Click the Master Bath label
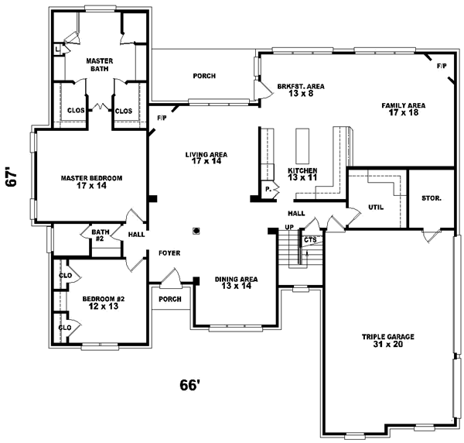(100, 64)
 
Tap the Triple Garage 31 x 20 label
(388, 340)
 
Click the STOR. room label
(432, 198)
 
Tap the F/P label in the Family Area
(441, 67)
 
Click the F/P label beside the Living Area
(162, 118)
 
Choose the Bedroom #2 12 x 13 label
(104, 300)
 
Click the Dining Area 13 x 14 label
(236, 283)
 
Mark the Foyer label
(169, 253)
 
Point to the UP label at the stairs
(289, 227)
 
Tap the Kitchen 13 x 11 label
(303, 173)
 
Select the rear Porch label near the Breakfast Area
(204, 76)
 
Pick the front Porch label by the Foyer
(169, 299)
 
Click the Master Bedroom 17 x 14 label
(91, 182)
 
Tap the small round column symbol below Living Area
(196, 229)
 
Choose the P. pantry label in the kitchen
(268, 188)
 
